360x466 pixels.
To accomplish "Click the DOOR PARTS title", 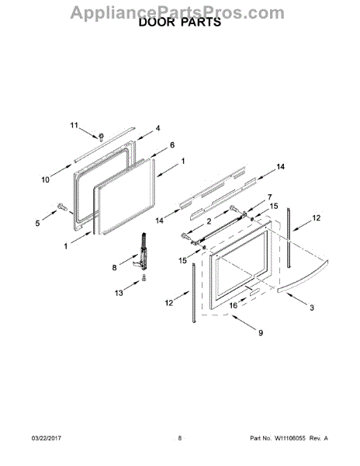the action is pyautogui.click(x=180, y=23).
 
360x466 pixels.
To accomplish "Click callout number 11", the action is pyautogui.click(x=74, y=125).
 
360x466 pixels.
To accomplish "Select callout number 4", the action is pyautogui.click(x=158, y=128).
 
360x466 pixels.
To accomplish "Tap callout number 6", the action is pyautogui.click(x=172, y=145).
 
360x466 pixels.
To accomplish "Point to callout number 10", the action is pyautogui.click(x=46, y=179).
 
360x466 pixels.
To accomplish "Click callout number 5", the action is pyautogui.click(x=37, y=223).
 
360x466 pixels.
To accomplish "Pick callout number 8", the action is pyautogui.click(x=115, y=267).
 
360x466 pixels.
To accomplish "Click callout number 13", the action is pyautogui.click(x=119, y=293).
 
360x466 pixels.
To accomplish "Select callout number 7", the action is pyautogui.click(x=269, y=197).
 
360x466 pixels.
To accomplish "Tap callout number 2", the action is pyautogui.click(x=209, y=221).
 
